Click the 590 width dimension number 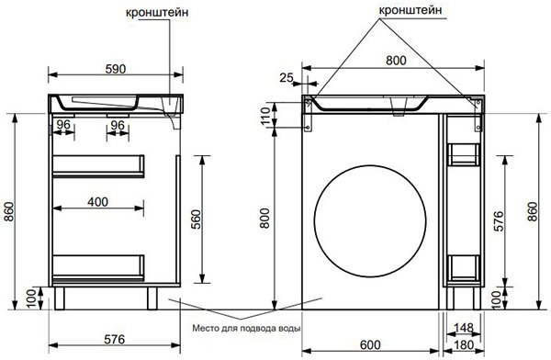click(116, 69)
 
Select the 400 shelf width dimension click(97, 202)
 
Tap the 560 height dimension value click(197, 219)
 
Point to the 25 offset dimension click(287, 78)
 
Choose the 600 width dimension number click(370, 345)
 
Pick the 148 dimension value click(464, 328)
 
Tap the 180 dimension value click(464, 345)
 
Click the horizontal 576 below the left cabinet click(115, 339)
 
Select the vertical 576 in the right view click(499, 221)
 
